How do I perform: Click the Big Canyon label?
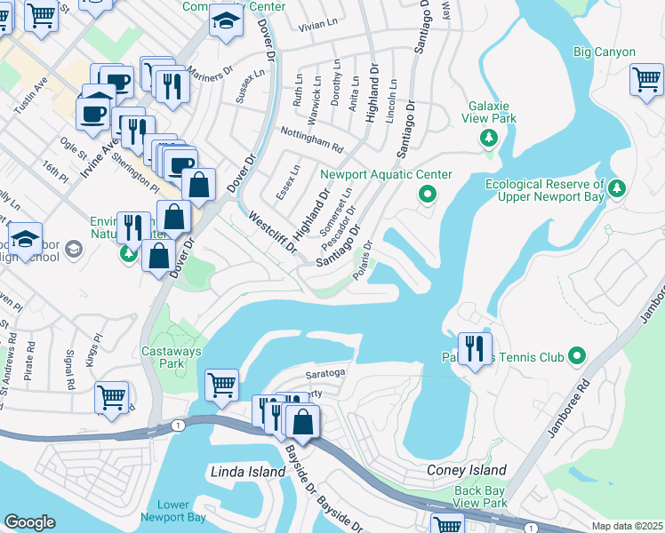coord(605,52)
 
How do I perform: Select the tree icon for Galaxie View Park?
coord(487,138)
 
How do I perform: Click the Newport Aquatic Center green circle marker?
coord(428,194)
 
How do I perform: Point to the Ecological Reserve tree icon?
coord(619,187)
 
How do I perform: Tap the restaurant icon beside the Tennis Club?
coord(474,346)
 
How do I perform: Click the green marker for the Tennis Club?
coord(577,357)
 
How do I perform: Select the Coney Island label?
coord(466,470)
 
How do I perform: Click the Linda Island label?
coord(248,471)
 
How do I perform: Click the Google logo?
coord(29,521)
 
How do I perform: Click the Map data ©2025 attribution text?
coord(626,526)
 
